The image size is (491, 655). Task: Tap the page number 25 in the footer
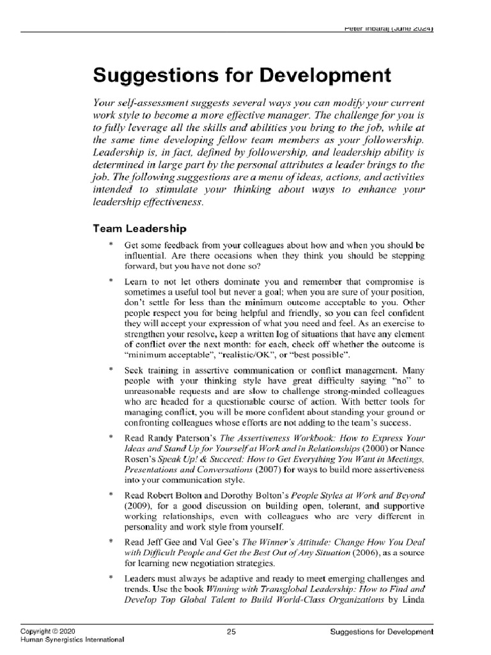tap(232, 632)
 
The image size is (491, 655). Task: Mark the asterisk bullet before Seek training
tap(111, 370)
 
